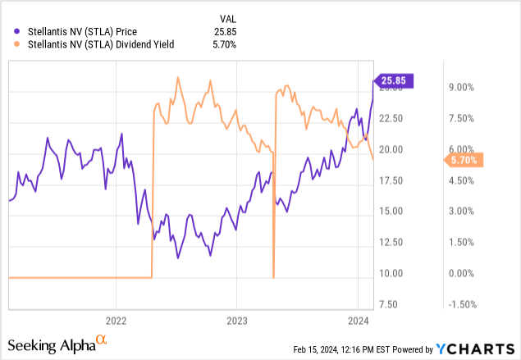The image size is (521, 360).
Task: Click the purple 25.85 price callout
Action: tap(395, 80)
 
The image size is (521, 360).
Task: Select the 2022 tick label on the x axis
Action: tap(116, 320)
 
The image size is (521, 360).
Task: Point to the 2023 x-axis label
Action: tap(236, 320)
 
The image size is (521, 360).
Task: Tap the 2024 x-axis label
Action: tap(358, 320)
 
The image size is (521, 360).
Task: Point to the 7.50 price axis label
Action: tap(391, 304)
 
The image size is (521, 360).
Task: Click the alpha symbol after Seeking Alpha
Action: tap(102, 338)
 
